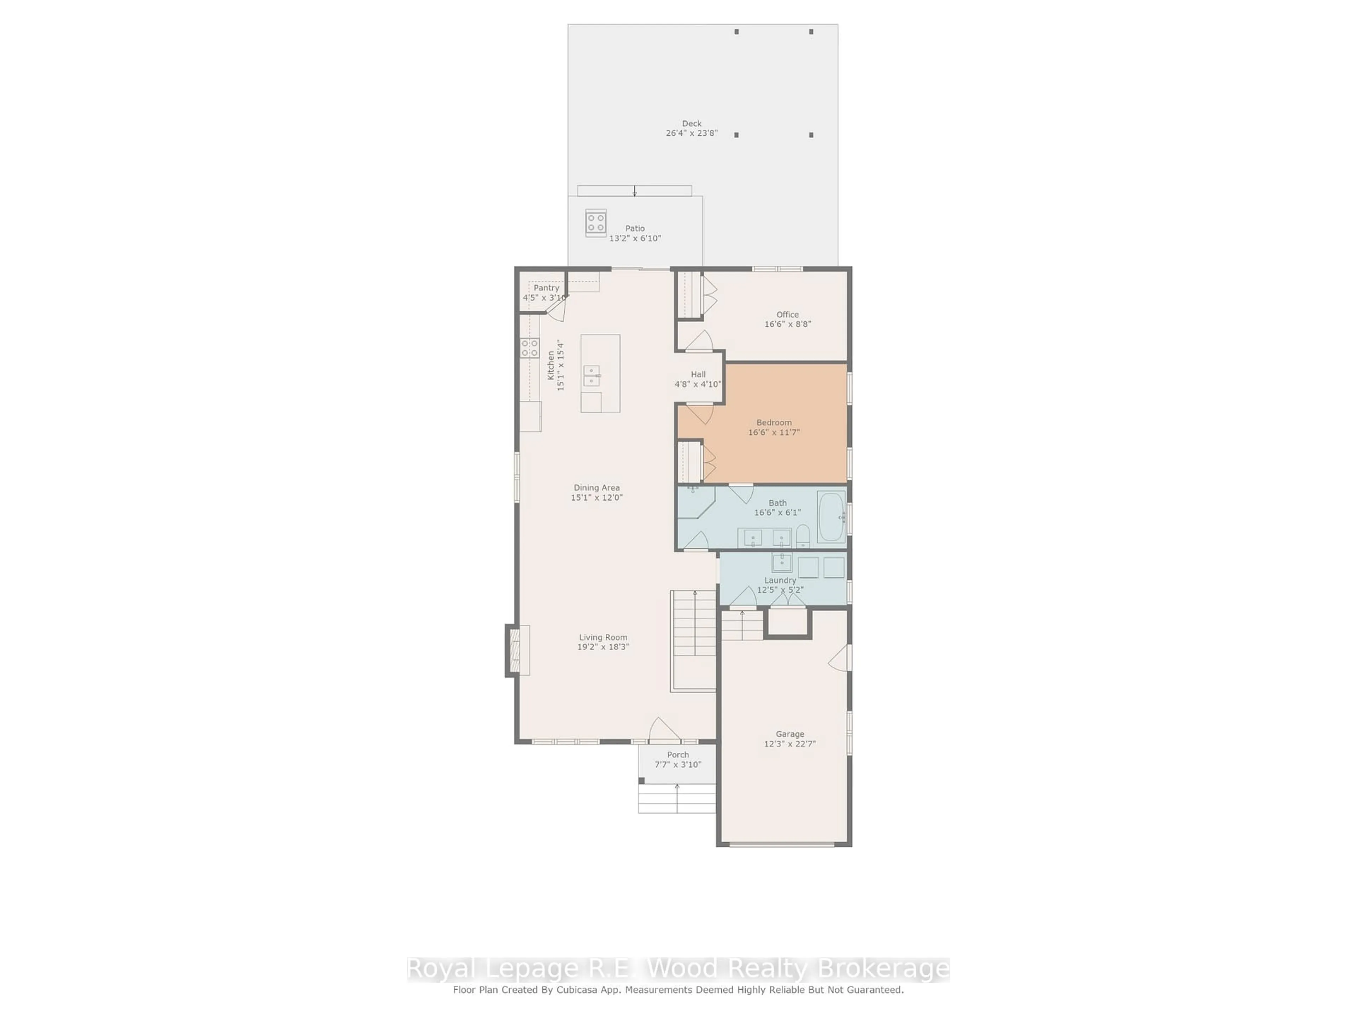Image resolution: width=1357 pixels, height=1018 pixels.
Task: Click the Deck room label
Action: (691, 123)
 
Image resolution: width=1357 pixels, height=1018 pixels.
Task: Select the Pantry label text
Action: (546, 288)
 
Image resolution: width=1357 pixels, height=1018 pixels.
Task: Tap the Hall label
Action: (698, 374)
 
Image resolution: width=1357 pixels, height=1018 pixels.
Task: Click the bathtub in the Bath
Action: (831, 517)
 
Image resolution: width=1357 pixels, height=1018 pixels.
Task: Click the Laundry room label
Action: (780, 580)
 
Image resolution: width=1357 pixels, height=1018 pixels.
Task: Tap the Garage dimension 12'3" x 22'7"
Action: (789, 744)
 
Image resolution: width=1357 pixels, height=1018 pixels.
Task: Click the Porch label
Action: (678, 755)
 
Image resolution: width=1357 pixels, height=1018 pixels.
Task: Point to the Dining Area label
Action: (596, 488)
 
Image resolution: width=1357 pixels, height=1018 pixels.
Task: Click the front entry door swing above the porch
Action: (664, 730)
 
